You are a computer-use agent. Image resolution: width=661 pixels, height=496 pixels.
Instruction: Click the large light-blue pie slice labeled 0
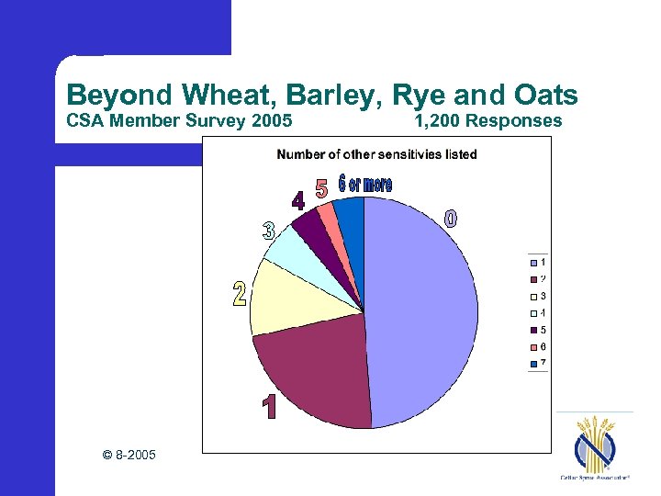click(x=422, y=312)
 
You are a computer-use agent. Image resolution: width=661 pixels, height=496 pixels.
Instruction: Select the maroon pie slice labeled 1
click(x=312, y=377)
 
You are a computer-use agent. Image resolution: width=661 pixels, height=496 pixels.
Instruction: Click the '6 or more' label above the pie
click(x=364, y=184)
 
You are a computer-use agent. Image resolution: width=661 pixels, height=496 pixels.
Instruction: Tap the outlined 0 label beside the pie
click(x=450, y=219)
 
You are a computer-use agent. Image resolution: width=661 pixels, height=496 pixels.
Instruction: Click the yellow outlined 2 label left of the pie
click(x=240, y=295)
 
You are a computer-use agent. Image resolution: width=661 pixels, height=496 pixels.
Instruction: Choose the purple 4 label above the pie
click(x=298, y=201)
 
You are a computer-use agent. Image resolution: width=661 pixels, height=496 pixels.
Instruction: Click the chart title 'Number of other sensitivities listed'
click(x=376, y=154)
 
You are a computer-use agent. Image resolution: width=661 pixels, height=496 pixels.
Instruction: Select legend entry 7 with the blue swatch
click(x=539, y=364)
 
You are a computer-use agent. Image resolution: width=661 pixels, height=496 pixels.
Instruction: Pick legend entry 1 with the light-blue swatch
click(x=539, y=262)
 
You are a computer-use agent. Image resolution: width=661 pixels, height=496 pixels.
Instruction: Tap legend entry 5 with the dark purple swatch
click(x=539, y=330)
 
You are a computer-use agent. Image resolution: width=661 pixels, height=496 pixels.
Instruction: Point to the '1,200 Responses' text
click(x=487, y=121)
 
